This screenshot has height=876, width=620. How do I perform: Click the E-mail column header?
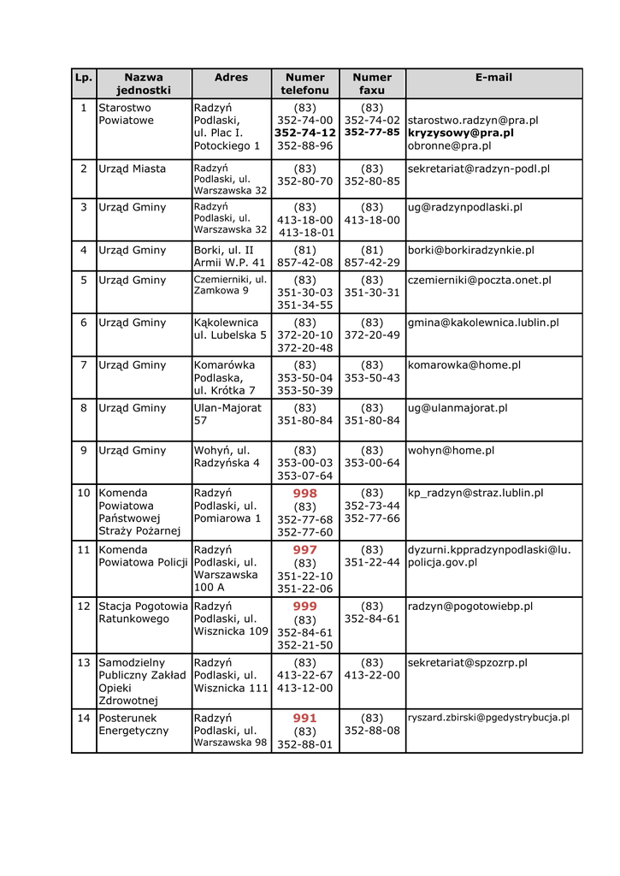coord(493,78)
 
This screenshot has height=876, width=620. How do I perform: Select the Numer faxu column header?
coord(372,83)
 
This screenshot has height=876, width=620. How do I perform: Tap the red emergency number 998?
coord(304,494)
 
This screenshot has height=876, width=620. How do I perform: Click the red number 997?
coord(304,550)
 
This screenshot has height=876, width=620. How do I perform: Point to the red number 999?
coord(304,607)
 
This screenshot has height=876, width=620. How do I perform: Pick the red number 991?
coord(304,719)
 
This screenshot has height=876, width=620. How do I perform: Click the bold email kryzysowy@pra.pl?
coord(460,133)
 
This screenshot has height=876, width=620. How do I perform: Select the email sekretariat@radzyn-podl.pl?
coord(478,169)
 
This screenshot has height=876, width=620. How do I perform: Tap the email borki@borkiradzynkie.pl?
coord(470,251)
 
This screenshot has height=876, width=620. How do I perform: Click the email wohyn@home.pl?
coord(451,450)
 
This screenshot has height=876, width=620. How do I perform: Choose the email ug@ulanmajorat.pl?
coord(457,408)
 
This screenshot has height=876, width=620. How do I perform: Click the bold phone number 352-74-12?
coord(304,133)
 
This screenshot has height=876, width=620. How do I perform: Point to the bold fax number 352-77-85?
coord(372,133)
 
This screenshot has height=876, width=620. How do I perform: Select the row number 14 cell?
coord(84,719)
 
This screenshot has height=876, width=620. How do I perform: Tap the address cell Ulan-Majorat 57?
coord(227,414)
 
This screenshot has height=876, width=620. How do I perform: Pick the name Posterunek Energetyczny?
coord(133,725)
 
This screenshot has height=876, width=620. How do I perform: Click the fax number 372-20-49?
coord(372,335)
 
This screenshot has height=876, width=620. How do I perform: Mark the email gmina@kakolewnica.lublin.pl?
coord(483,323)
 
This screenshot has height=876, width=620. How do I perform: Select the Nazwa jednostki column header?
coord(144,83)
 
